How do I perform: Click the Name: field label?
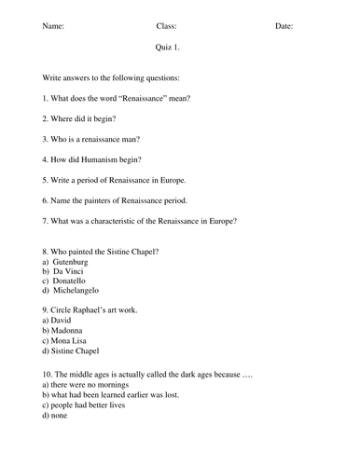(54, 26)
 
